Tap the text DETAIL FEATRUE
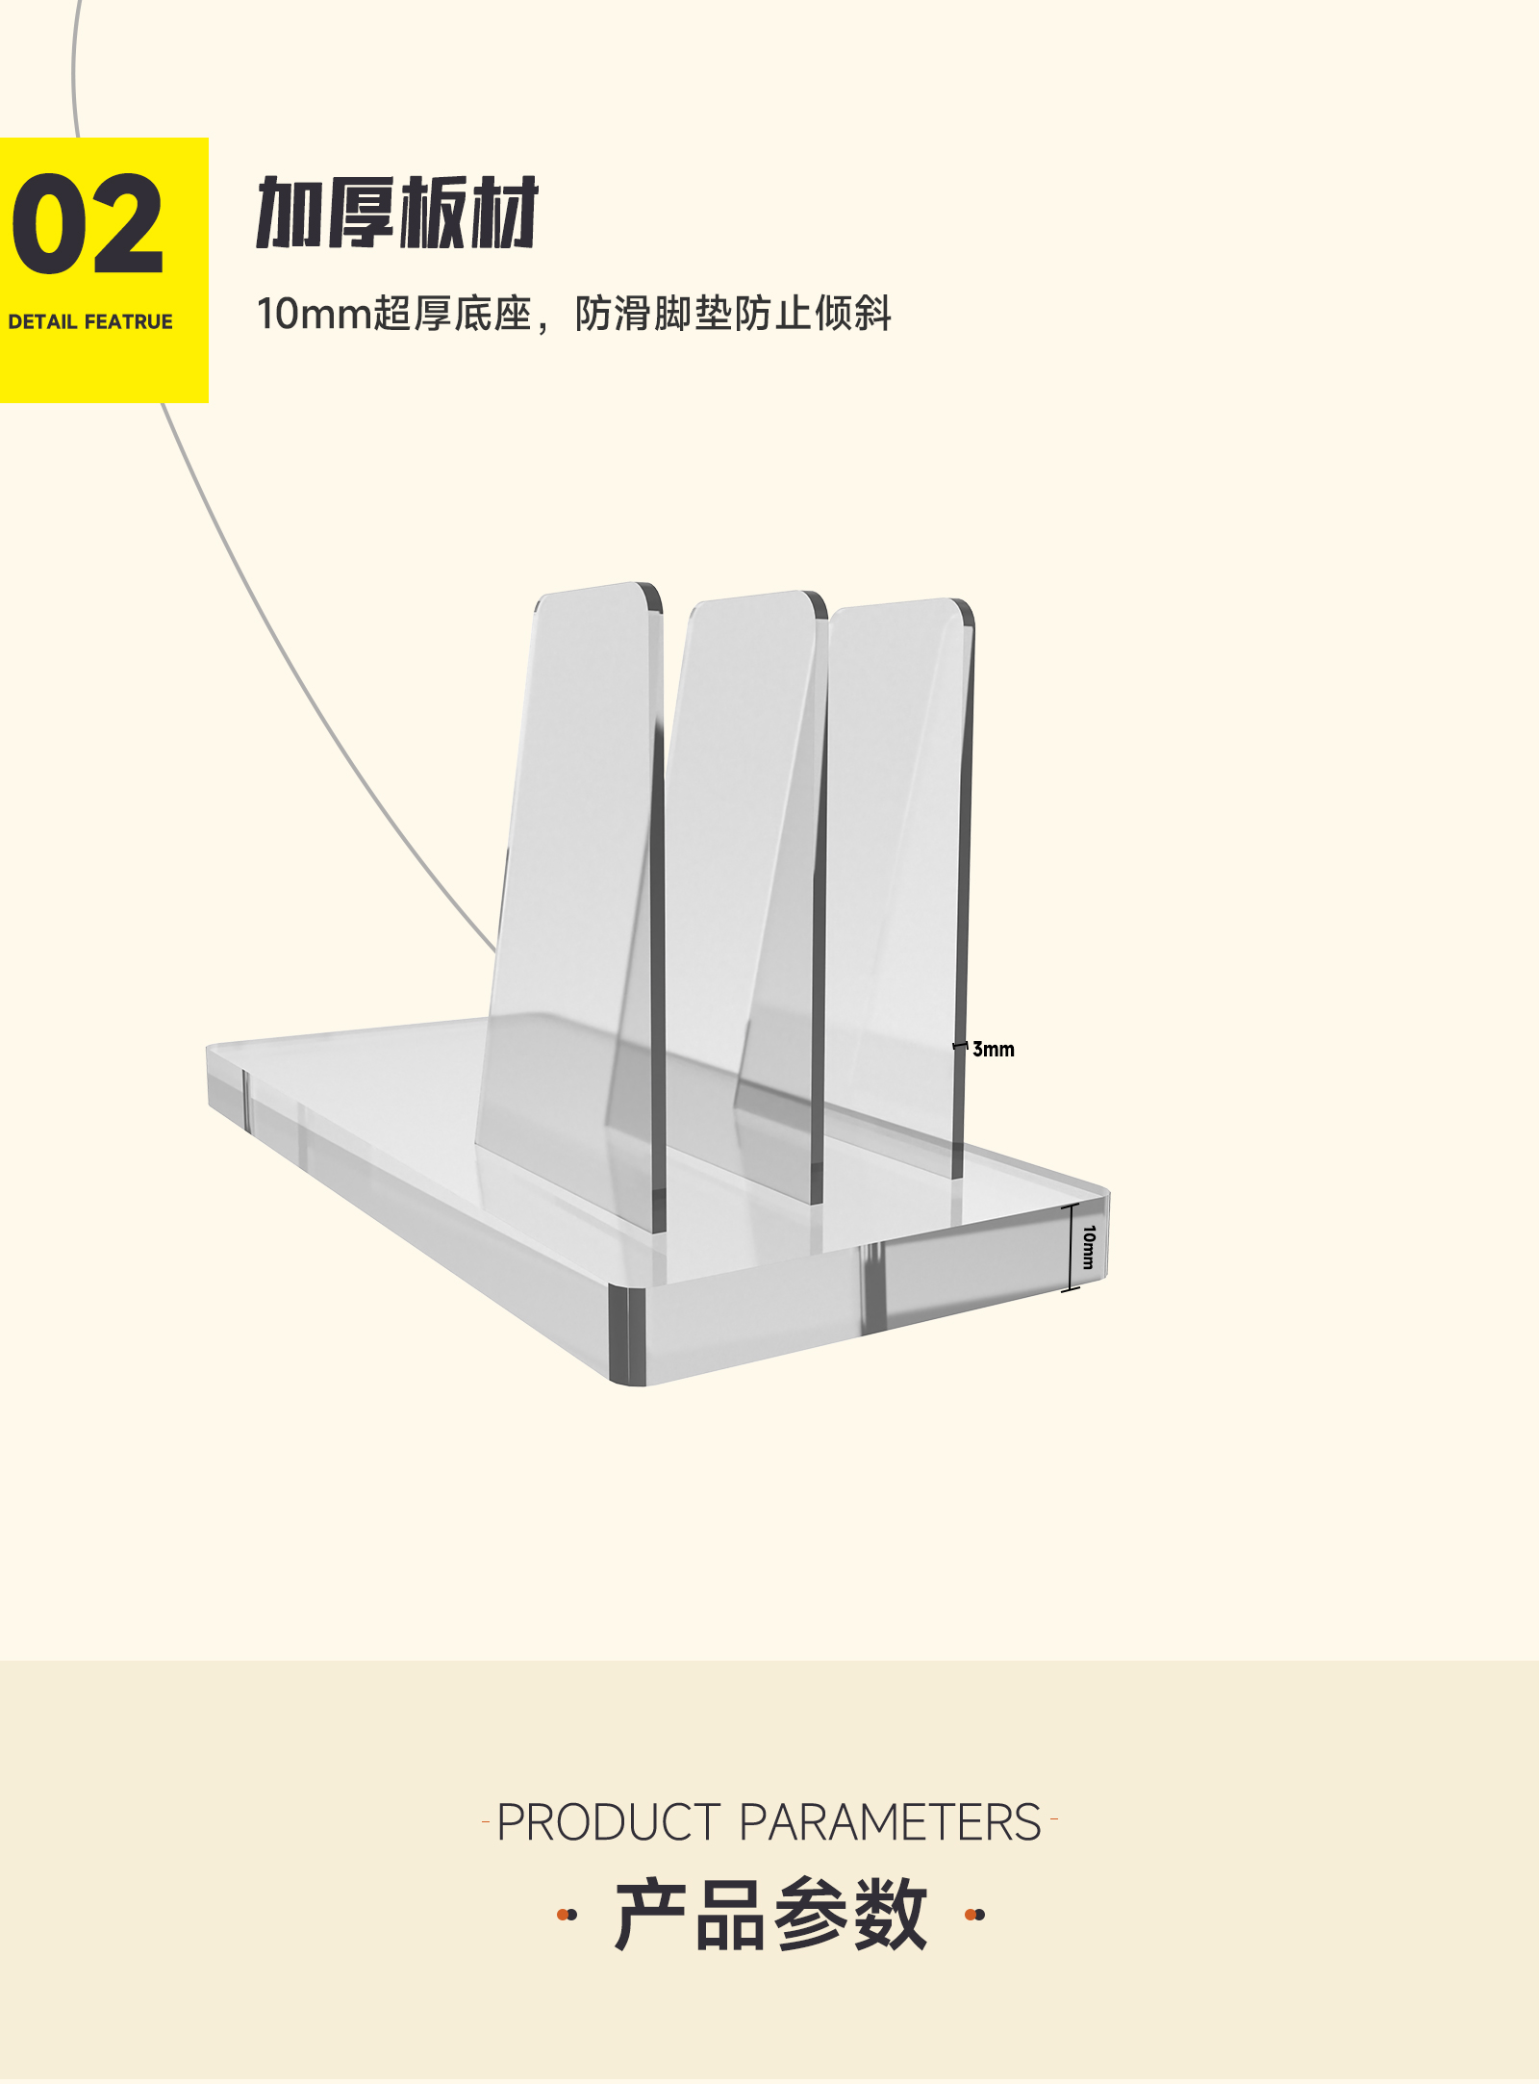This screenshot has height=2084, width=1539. (90, 321)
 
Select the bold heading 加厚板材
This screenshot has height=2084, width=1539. (396, 213)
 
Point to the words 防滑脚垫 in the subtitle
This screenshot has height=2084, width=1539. (654, 314)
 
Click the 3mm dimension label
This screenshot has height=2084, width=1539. (993, 1049)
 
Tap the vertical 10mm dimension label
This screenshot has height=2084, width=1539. (1089, 1247)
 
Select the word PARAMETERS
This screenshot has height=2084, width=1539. (890, 1822)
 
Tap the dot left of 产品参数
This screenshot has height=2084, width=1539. (568, 1915)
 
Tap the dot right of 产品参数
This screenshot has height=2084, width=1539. (974, 1915)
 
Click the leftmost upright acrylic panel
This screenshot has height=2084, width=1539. (577, 866)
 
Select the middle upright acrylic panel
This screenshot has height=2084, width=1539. (741, 866)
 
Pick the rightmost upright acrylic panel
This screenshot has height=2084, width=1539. (899, 866)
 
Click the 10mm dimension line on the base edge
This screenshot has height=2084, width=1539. (1071, 1247)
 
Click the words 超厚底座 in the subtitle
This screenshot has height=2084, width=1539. (452, 314)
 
